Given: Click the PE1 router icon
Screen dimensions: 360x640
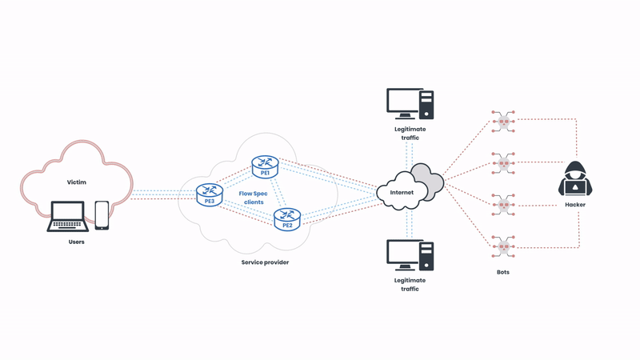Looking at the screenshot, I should click(x=263, y=166).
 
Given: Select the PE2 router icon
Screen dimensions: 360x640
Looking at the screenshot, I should click(x=286, y=218).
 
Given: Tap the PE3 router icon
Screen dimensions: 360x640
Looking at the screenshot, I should click(x=209, y=194).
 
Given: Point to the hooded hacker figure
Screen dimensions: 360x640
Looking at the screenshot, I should click(x=575, y=179).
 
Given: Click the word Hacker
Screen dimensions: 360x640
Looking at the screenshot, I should click(x=575, y=205).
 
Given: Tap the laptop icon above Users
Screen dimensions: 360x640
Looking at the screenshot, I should click(x=69, y=216).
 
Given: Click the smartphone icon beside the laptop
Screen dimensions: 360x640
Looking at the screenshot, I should click(x=102, y=214).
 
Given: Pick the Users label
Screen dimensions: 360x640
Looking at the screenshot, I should click(x=76, y=241).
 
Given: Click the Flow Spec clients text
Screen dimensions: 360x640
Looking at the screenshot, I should click(x=254, y=198).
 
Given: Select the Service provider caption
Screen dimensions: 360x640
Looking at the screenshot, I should click(x=265, y=262).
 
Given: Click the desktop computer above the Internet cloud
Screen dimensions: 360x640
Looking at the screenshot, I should click(x=410, y=103).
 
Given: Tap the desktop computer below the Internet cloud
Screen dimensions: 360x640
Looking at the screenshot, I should click(x=410, y=254).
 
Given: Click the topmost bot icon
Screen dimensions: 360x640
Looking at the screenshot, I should click(x=502, y=122).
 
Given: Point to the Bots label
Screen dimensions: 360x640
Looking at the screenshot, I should click(x=502, y=272).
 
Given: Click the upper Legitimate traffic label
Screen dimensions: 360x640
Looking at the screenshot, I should click(x=410, y=133).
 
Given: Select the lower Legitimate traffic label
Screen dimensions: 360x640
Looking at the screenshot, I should click(x=410, y=284).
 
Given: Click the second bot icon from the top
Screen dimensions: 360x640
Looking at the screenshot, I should click(x=502, y=163).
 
